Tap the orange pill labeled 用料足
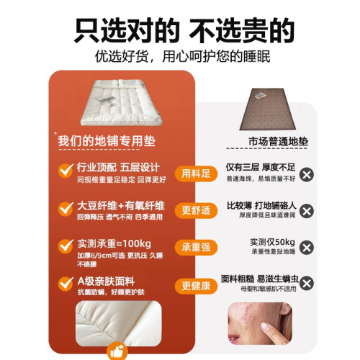(195, 173)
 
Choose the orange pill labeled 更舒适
(195, 210)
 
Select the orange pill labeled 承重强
(195, 247)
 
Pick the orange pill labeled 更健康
(195, 285)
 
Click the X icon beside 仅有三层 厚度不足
(307, 174)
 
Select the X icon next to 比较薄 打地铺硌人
(307, 211)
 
